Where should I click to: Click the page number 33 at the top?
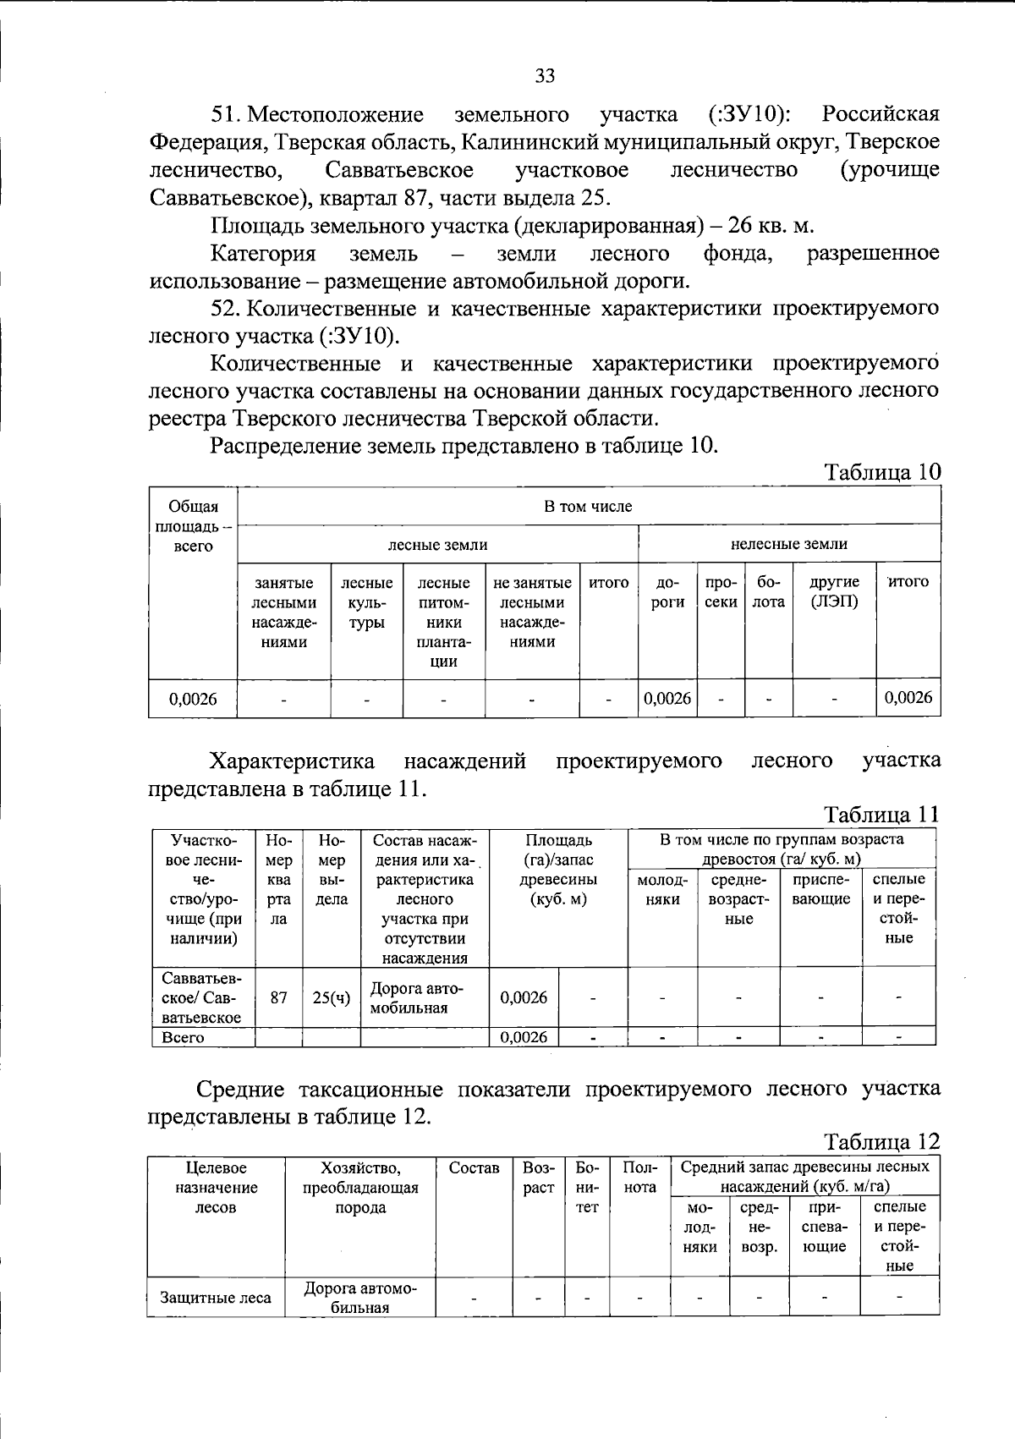(545, 76)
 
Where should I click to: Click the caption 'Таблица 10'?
(882, 472)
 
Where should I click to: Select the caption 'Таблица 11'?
(882, 815)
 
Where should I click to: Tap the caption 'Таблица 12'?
(882, 1141)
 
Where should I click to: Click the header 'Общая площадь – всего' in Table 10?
(193, 526)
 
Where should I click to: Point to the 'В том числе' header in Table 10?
(589, 507)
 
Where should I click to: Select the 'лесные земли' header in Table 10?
(437, 545)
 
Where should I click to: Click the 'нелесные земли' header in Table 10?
(788, 544)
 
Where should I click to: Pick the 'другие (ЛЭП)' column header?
(834, 591)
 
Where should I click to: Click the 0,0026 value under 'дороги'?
(667, 698)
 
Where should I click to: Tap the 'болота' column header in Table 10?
(769, 592)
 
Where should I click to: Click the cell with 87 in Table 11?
(278, 997)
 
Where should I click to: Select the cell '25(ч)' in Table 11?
(332, 997)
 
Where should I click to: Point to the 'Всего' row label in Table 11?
(184, 1037)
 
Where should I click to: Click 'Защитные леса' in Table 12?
(216, 1298)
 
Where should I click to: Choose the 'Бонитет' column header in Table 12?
(587, 1187)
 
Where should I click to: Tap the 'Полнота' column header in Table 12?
(639, 1178)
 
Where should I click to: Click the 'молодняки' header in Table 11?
(662, 889)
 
